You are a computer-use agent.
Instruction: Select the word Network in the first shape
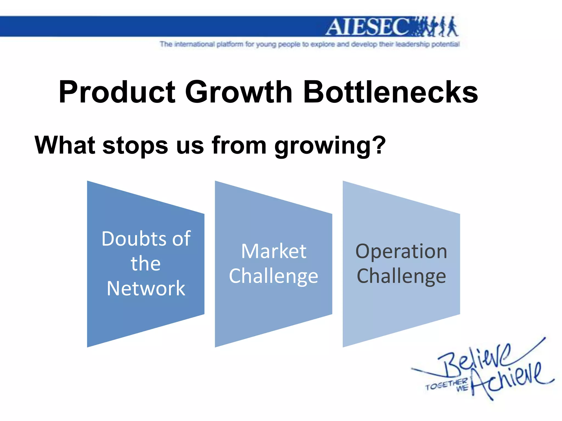[x=146, y=288]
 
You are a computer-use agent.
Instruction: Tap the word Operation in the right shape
[x=401, y=252]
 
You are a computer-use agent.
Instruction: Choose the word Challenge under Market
[x=274, y=276]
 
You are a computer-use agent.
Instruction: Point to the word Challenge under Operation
[x=401, y=276]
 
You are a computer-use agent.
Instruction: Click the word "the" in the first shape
[x=145, y=264]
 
